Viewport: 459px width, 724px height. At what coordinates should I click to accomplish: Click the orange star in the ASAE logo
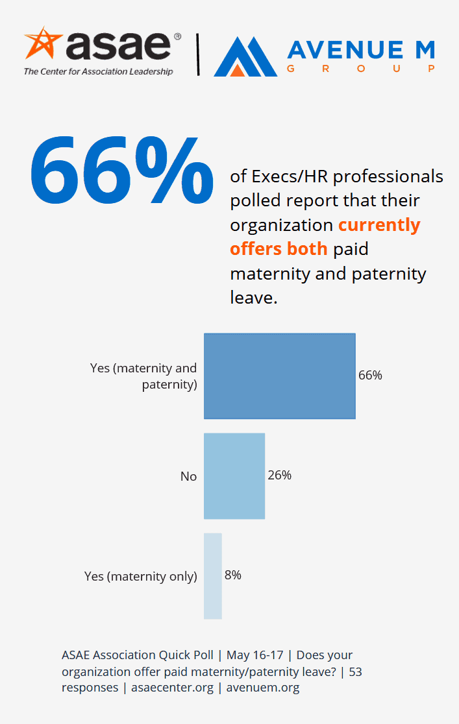42,43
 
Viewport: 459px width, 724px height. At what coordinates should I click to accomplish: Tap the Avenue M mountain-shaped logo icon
245,56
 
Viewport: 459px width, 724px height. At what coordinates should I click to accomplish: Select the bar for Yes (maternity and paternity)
280,376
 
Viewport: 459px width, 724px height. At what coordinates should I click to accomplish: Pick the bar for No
234,476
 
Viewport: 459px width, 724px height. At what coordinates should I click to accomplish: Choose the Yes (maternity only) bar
213,576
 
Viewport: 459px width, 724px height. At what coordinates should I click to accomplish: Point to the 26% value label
280,475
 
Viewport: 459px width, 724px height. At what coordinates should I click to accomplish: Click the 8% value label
233,575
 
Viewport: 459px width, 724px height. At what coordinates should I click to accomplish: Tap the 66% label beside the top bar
370,375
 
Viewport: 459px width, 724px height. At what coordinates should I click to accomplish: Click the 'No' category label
188,476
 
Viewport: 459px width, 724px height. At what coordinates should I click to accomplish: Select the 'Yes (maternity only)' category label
140,576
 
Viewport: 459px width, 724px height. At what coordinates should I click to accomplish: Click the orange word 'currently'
380,225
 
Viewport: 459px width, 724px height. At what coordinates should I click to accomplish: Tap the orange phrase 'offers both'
279,249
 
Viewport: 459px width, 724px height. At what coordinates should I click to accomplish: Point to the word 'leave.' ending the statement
254,297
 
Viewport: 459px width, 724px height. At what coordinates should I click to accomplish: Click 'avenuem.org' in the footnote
263,688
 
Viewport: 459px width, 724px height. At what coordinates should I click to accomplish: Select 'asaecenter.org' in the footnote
173,688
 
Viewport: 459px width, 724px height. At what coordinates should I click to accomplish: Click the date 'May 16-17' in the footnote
254,655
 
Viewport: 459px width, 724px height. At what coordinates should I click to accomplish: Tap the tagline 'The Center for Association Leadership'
99,71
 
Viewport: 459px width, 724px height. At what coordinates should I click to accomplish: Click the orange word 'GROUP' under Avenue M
361,69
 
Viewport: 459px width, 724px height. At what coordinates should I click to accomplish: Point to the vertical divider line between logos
198,54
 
